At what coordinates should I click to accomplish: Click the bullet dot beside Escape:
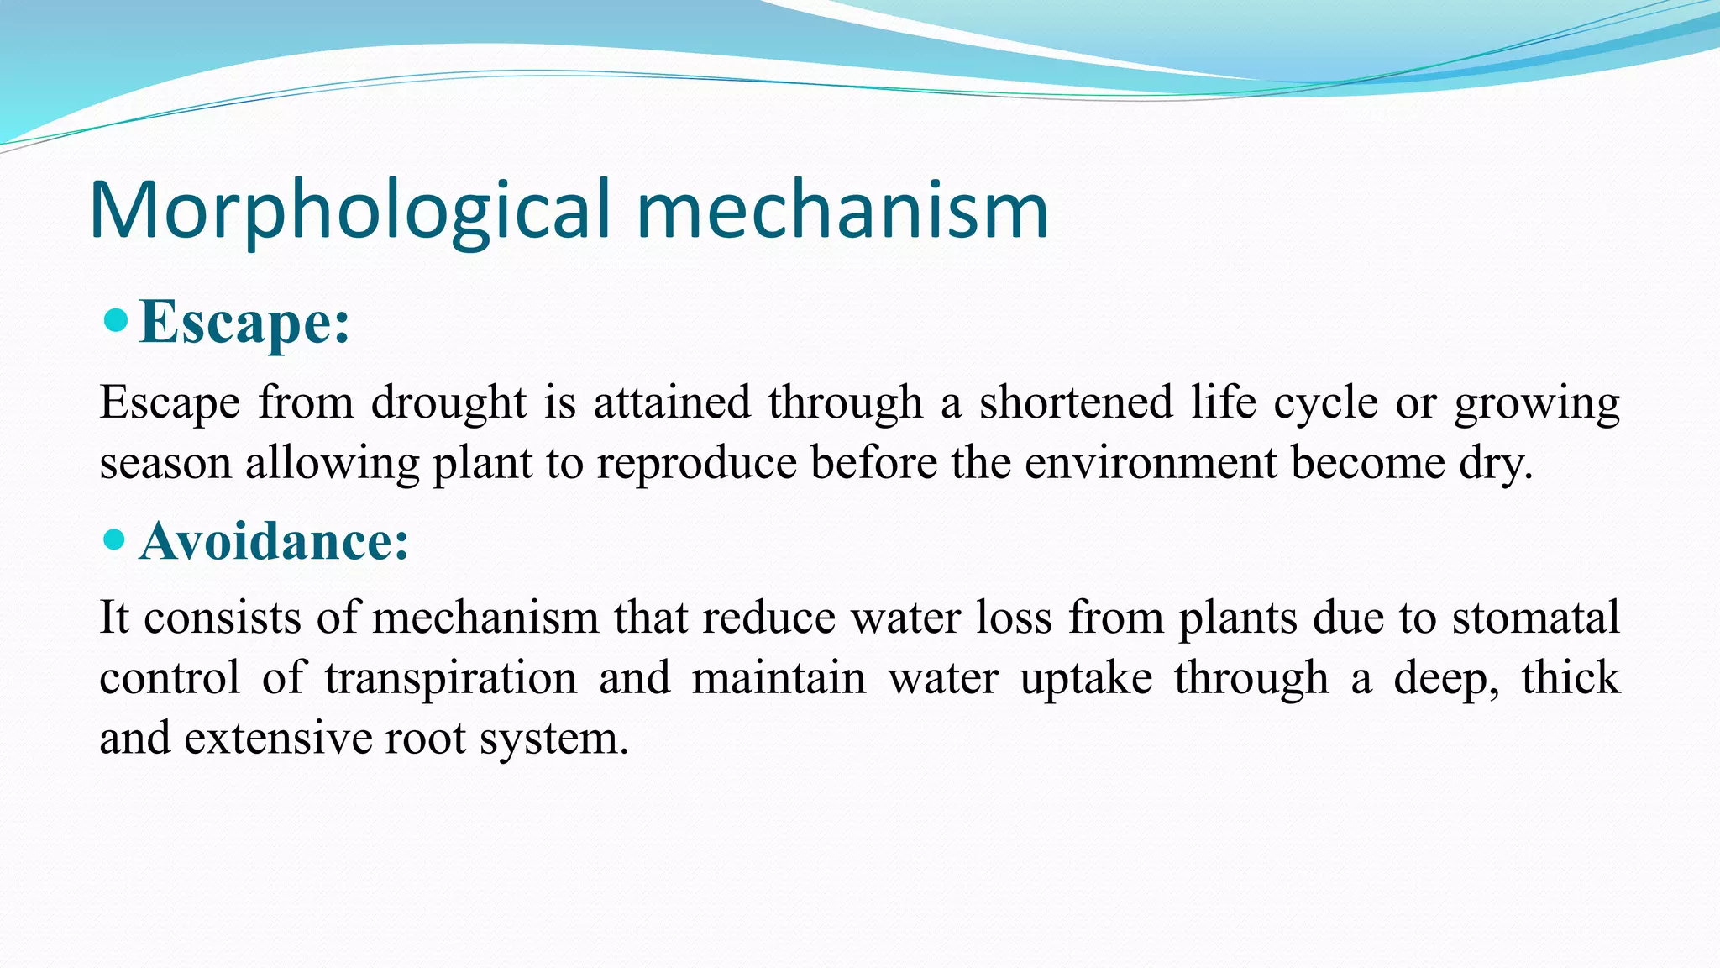point(116,319)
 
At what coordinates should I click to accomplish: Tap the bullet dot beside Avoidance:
point(114,539)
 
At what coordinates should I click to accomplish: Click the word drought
point(448,402)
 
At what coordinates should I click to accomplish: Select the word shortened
point(1076,402)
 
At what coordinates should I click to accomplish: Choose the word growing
point(1537,404)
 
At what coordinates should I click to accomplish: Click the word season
point(165,463)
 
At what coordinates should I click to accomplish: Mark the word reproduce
point(696,464)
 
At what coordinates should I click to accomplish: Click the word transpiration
point(451,679)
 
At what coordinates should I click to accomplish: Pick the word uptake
point(1086,679)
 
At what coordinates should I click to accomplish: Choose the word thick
point(1571,677)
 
